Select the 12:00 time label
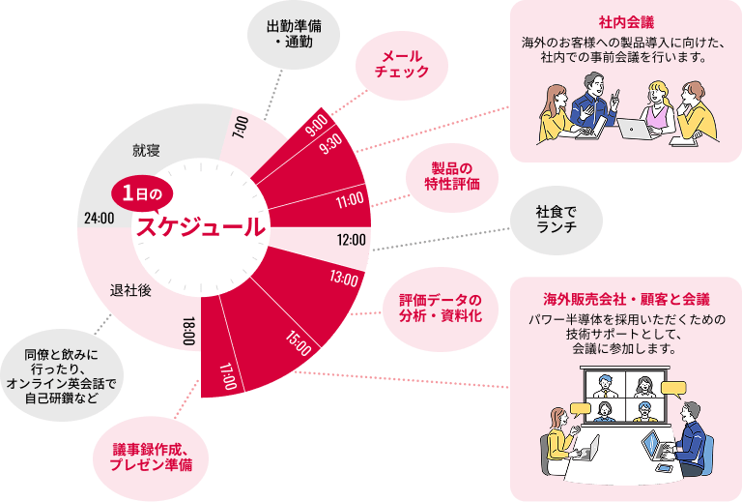point(351,239)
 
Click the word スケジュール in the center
point(201,228)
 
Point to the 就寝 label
point(146,151)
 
